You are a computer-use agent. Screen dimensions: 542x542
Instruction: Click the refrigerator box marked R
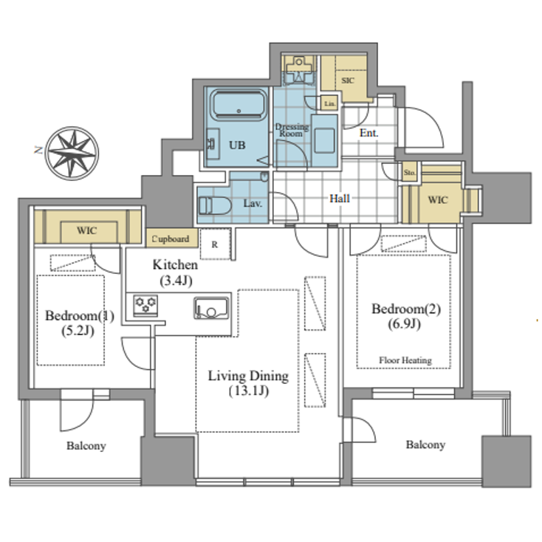[215, 244]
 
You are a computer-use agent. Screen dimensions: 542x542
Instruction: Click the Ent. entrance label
[368, 134]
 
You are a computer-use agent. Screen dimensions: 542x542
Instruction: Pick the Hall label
[340, 199]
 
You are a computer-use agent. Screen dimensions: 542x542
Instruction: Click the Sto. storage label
[410, 173]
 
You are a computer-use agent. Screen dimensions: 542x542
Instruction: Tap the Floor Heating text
[405, 360]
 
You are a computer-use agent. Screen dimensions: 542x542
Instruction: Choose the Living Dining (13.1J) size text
[247, 391]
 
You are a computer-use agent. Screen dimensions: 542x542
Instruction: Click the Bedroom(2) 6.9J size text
[405, 324]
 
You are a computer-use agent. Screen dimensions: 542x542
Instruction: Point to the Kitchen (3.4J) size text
[175, 280]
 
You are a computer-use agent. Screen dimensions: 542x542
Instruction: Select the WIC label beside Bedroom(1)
[87, 230]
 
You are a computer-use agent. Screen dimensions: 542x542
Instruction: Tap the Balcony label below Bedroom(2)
[425, 445]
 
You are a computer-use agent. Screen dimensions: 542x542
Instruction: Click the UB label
[236, 145]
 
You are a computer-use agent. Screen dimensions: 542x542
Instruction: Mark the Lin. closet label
[330, 104]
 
